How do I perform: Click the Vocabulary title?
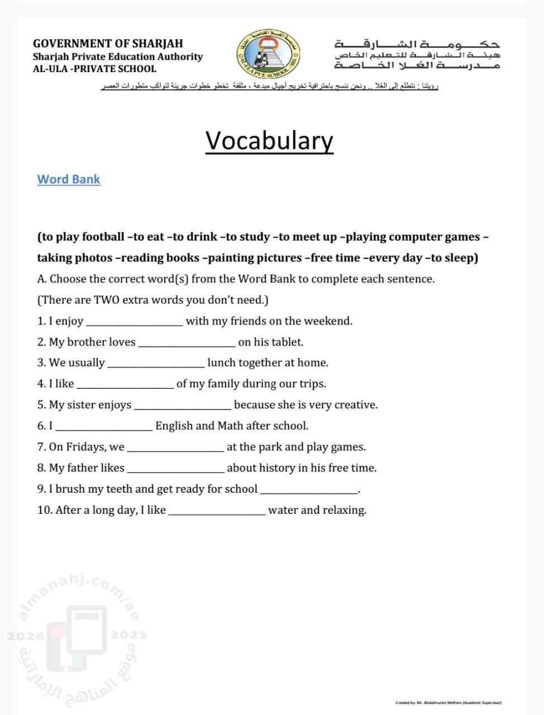click(269, 141)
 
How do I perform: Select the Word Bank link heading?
click(69, 179)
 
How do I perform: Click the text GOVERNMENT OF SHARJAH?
click(108, 44)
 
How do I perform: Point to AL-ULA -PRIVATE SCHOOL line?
click(94, 69)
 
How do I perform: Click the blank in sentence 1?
click(134, 322)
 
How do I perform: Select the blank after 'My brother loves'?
click(187, 343)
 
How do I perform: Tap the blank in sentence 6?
click(104, 427)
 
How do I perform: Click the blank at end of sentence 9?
click(309, 490)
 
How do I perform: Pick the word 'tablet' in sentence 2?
click(287, 342)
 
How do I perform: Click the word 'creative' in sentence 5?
click(354, 405)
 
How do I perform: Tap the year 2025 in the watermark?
click(128, 635)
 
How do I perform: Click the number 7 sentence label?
click(41, 447)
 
